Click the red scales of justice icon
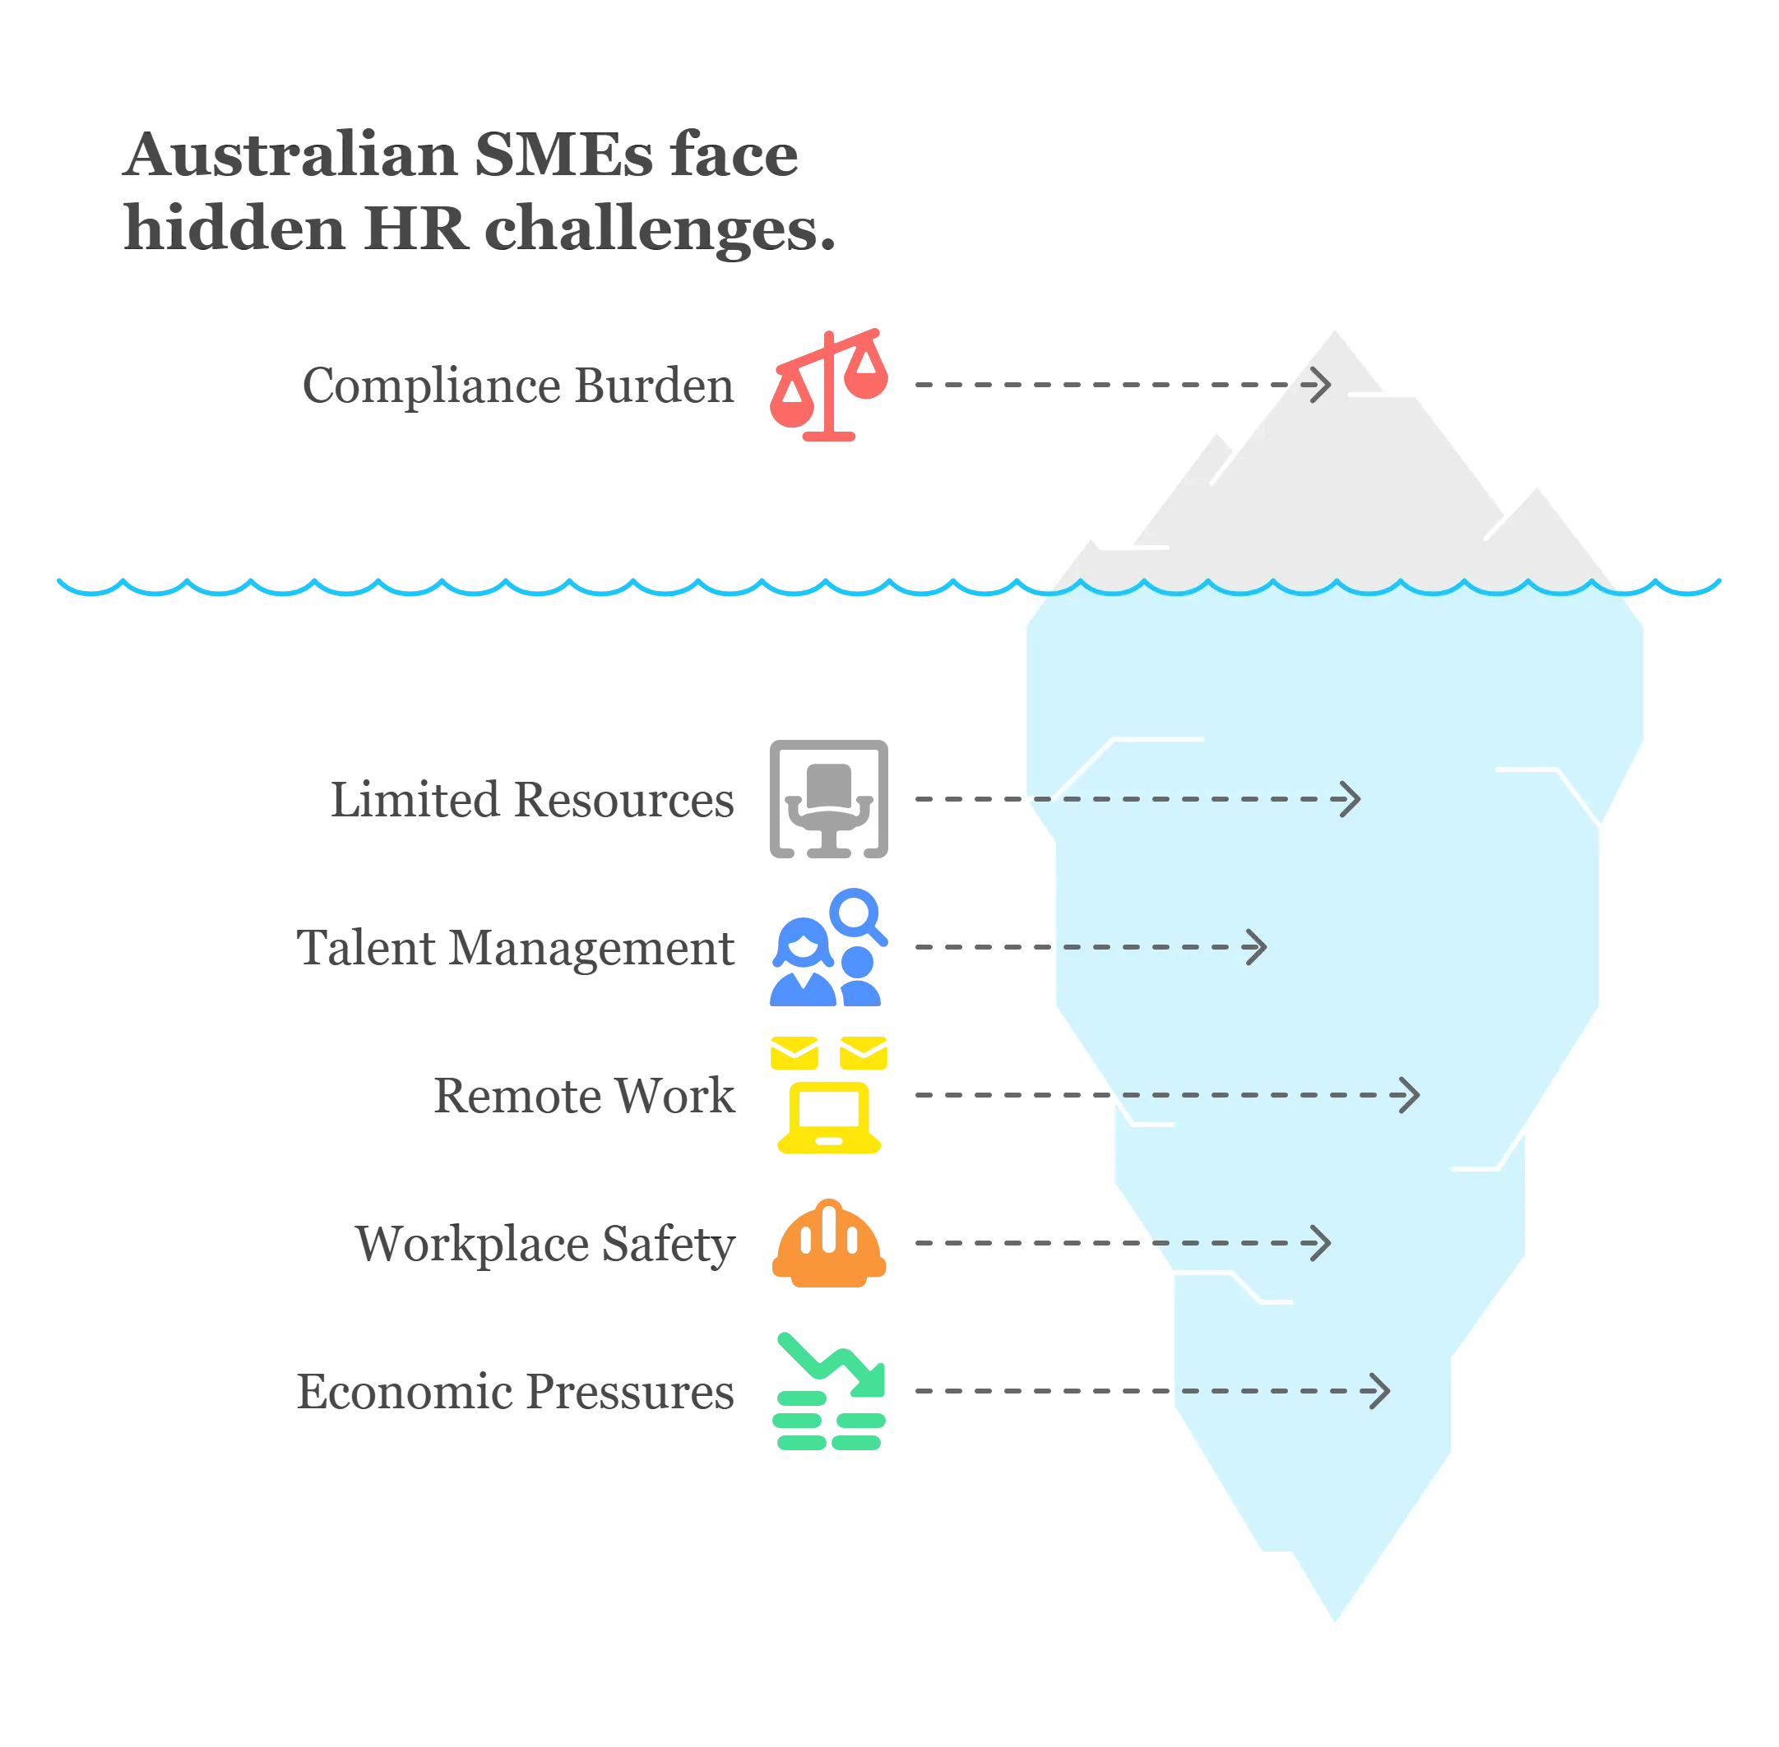click(829, 385)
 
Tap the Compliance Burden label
click(519, 386)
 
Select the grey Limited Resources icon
click(829, 798)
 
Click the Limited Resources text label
click(532, 800)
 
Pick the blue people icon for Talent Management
click(829, 947)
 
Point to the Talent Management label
click(517, 948)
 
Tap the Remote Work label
click(584, 1097)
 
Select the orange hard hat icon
click(829, 1242)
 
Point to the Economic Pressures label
click(515, 1392)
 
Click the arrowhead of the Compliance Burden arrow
click(1323, 386)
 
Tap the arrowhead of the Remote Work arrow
click(1411, 1096)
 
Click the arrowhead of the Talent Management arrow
click(1258, 947)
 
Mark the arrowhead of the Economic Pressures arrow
click(1382, 1391)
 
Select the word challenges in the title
click(656, 229)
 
